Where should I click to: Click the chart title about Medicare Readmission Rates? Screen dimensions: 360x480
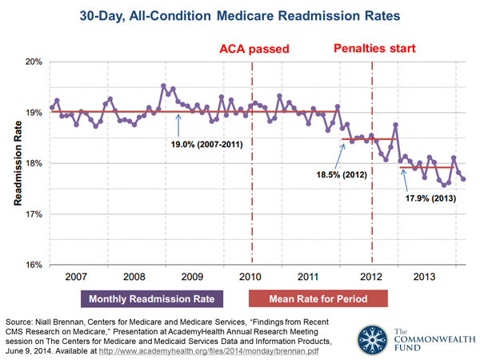coord(239,16)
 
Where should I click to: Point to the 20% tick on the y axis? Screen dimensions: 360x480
coord(30,62)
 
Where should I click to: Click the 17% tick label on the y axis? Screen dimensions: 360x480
coord(30,214)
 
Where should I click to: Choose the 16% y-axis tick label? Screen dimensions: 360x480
coord(30,265)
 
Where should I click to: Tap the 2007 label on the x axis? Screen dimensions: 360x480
coord(75,278)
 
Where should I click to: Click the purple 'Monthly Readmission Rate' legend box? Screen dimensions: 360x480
coord(151,298)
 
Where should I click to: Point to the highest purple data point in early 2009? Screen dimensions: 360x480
coord(163,86)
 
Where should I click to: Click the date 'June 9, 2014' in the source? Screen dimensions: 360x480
coord(33,350)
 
